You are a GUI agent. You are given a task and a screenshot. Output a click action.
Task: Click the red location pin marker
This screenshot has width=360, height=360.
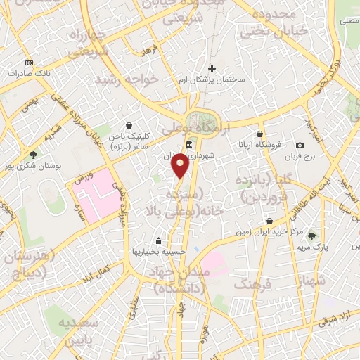coord(181,166)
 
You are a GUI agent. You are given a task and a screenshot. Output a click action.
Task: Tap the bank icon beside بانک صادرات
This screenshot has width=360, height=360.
coord(28,62)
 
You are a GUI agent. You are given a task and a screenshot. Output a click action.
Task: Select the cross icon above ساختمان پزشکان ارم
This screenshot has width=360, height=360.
coord(212,68)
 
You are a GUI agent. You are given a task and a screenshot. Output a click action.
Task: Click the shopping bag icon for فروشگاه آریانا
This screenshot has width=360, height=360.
coord(260,134)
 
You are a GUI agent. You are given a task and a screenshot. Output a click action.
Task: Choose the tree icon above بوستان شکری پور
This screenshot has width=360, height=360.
coord(33,155)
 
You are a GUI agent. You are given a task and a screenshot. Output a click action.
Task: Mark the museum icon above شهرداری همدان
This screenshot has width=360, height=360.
coord(188,145)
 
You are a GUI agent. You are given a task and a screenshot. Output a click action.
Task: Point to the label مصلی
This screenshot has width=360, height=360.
coord(349,22)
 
